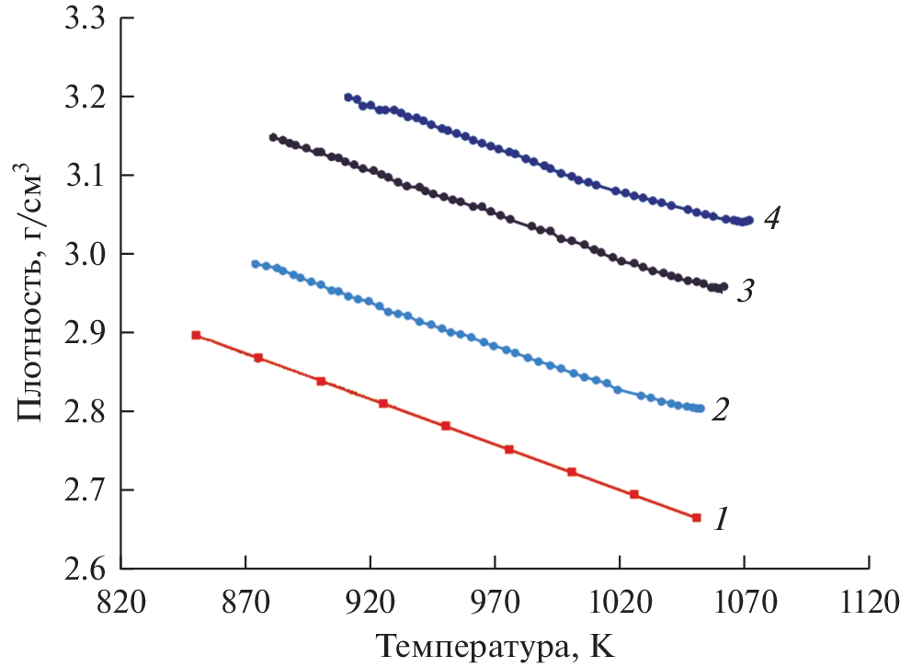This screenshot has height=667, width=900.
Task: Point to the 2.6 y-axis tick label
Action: [x=84, y=568]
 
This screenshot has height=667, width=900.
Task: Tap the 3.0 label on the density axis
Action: [x=84, y=254]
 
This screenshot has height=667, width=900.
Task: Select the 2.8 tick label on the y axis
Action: [x=84, y=411]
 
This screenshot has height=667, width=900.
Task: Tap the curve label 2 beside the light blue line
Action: [x=723, y=409]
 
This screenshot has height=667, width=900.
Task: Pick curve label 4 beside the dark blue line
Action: [x=772, y=221]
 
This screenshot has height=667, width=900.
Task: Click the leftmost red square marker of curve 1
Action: [x=196, y=335]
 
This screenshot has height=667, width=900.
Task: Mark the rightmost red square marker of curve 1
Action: [x=696, y=517]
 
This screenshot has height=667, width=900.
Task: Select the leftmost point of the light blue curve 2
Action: [x=256, y=264]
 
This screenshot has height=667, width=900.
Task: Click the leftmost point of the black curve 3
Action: [x=273, y=137]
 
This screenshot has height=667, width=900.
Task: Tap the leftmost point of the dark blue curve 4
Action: [x=347, y=97]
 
